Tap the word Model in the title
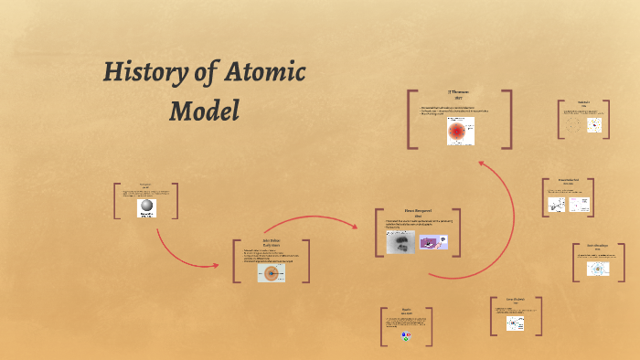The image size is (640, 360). tap(205, 111)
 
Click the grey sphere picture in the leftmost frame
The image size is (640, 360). tap(146, 208)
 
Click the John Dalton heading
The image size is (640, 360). tap(271, 243)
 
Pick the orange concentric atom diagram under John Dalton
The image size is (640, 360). tap(271, 271)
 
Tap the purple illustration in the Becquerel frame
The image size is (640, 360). tap(432, 242)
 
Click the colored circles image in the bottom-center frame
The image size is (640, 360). tap(406, 336)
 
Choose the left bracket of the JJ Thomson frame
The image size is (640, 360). tap(411, 119)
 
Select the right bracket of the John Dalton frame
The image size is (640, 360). tap(307, 261)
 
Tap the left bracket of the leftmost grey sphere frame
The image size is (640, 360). tap(117, 201)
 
